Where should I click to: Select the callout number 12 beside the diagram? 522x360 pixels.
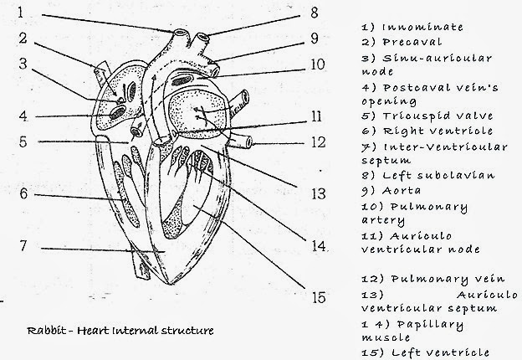click(x=315, y=142)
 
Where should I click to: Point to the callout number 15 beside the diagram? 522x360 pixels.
click(x=315, y=296)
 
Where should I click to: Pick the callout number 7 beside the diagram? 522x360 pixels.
click(x=23, y=247)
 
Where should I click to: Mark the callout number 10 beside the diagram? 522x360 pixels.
click(x=315, y=64)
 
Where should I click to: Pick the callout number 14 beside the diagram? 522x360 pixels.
click(x=315, y=246)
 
